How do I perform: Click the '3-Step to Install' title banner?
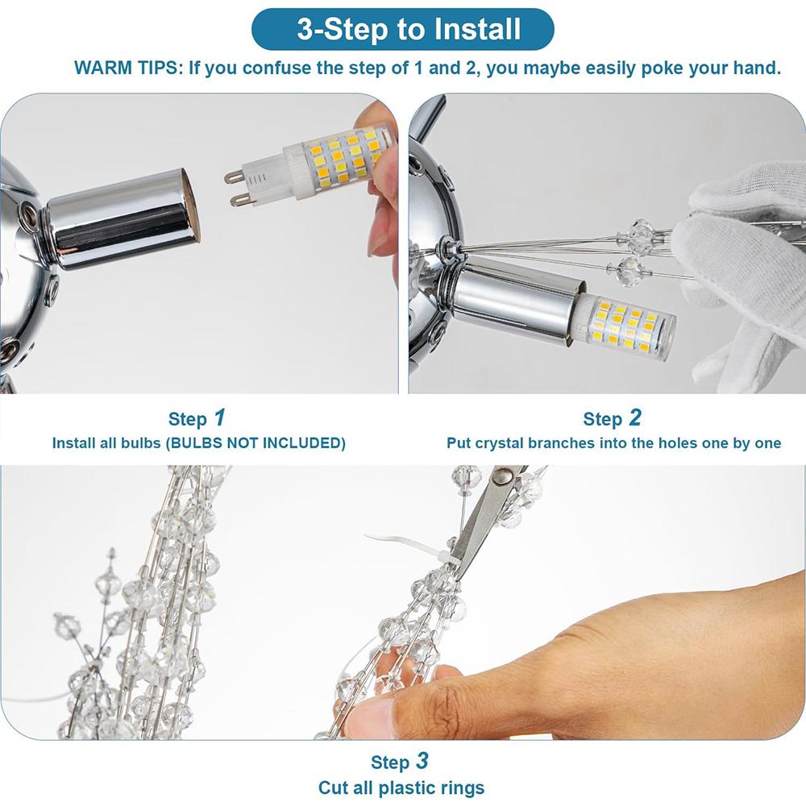402,29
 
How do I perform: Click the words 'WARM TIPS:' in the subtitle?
128,68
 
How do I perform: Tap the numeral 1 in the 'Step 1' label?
219,418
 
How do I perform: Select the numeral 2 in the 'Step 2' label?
635,418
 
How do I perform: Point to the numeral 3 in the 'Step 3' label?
422,761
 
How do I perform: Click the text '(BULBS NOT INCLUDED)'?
256,443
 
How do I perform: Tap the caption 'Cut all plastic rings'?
401,787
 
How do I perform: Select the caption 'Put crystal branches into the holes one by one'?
613,443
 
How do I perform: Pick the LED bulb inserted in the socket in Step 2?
625,323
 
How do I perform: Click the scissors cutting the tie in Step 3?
485,519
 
